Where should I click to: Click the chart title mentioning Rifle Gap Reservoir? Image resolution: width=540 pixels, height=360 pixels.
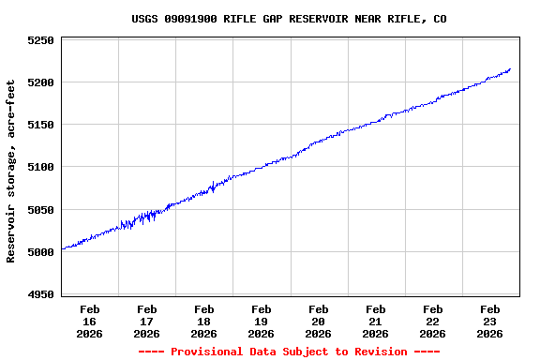coord(289,19)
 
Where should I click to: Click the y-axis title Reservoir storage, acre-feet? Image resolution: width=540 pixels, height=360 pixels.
coord(11,171)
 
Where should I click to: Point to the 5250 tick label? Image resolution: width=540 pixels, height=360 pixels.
coord(38,40)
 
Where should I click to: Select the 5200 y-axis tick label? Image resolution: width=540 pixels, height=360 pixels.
coord(38,82)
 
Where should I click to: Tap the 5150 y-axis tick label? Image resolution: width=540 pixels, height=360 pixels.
coord(38,125)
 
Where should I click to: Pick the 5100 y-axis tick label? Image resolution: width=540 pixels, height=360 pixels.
coord(38,167)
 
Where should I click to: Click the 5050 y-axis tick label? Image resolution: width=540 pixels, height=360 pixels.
coord(38,210)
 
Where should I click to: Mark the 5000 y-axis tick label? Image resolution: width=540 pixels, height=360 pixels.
coord(38,252)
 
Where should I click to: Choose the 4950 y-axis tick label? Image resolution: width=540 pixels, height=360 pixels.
coord(38,294)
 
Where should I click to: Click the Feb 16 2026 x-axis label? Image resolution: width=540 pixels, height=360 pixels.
coord(90,321)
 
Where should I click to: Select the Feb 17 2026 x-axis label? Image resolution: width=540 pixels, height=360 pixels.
coord(147,321)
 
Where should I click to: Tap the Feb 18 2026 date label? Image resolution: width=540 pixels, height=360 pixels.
coord(204,321)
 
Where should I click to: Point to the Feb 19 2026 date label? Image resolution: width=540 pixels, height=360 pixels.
coord(262,321)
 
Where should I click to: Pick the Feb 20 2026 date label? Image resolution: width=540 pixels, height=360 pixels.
coord(319,321)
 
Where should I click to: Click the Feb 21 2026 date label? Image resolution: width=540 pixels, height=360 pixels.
coord(376,321)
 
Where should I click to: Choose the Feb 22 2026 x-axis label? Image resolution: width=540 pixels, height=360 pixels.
coord(433,321)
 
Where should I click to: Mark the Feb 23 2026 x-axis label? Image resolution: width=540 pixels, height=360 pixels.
coord(490,321)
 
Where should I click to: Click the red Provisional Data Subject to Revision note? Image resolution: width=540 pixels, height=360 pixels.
coord(289,352)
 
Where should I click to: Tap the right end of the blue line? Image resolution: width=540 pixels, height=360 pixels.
coord(510,68)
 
